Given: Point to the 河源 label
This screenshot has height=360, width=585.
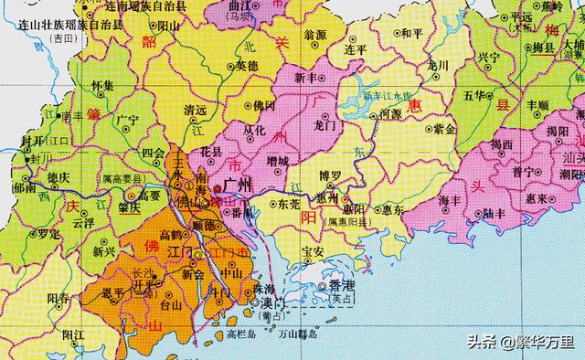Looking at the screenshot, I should [x=391, y=114].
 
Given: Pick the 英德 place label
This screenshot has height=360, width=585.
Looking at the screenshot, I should [x=247, y=66].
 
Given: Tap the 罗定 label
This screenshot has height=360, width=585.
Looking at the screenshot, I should [x=62, y=233].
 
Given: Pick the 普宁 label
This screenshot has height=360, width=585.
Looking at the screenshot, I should [x=523, y=171].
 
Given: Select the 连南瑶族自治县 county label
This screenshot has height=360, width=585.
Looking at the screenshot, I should [x=129, y=6].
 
